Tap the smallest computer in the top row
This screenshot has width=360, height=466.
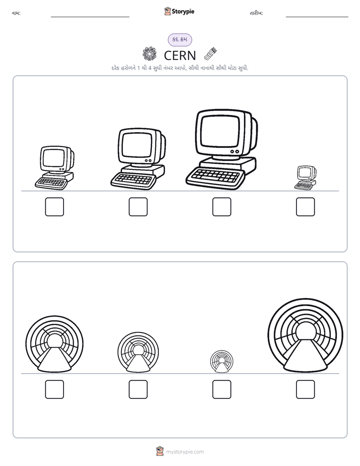click(x=306, y=178)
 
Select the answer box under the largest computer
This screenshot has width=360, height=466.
click(x=221, y=207)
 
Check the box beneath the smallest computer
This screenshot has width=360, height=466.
click(x=306, y=207)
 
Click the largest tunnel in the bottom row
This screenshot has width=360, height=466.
click(x=306, y=336)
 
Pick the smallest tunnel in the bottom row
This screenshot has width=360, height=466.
click(x=221, y=362)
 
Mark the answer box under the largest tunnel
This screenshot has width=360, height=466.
click(x=306, y=389)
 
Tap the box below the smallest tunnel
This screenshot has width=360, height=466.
click(x=221, y=389)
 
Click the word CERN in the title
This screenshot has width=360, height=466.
click(x=180, y=55)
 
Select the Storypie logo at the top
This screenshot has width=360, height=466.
click(x=179, y=12)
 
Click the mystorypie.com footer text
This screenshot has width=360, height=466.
click(x=185, y=452)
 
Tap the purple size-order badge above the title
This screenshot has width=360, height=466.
click(x=180, y=40)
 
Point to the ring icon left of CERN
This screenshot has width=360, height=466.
click(x=149, y=54)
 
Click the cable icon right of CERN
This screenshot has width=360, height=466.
click(x=211, y=53)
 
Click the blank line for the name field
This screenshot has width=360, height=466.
click(x=90, y=17)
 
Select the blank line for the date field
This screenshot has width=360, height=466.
click(x=317, y=17)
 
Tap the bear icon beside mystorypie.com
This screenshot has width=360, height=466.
click(x=160, y=451)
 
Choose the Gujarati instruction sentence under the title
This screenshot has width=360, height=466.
click(x=180, y=68)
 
